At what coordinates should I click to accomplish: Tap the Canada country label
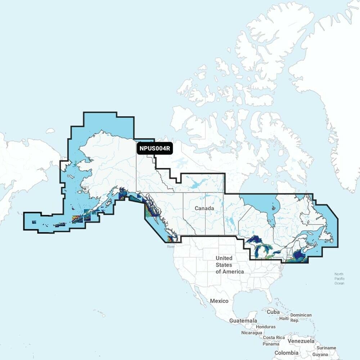click(x=204, y=208)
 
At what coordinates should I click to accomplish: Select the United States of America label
click(x=229, y=265)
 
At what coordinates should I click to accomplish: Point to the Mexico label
click(x=219, y=301)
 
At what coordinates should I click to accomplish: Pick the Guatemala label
click(x=243, y=321)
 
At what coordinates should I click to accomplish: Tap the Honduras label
click(x=266, y=327)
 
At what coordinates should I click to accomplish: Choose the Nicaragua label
click(x=252, y=333)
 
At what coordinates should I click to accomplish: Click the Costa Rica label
click(x=274, y=338)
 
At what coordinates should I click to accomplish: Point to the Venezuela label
click(x=301, y=341)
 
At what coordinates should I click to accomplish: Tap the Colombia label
click(x=286, y=353)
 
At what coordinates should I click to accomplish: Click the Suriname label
click(x=327, y=348)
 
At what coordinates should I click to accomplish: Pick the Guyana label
click(x=320, y=355)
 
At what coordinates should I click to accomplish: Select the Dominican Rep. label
click(x=301, y=317)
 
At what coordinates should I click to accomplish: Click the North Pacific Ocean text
click(x=339, y=279)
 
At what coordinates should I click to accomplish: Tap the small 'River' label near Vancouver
click(x=170, y=247)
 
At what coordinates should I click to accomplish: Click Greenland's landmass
click(x=324, y=72)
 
